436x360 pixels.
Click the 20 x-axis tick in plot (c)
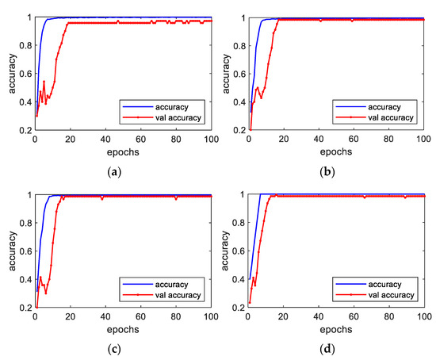pos(70,315)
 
